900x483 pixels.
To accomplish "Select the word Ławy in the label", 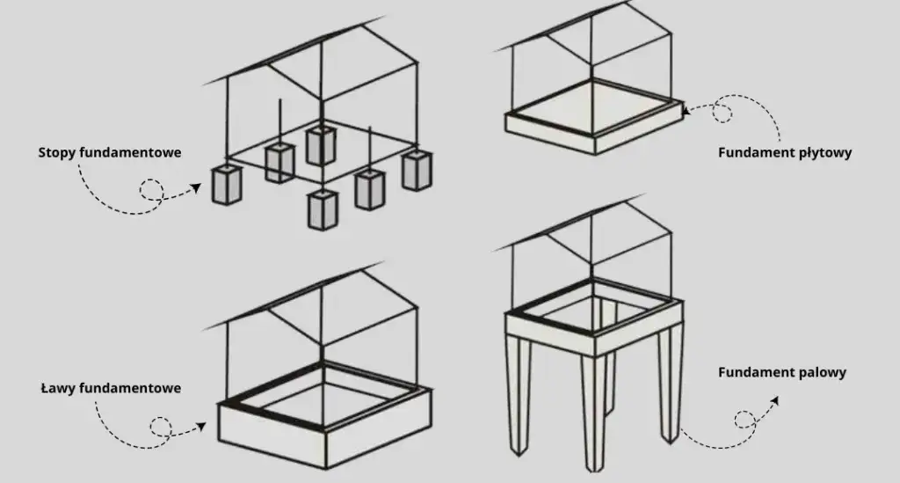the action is [x=59, y=388].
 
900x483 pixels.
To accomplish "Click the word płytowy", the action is [x=824, y=153].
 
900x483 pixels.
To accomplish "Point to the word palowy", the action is [x=823, y=373].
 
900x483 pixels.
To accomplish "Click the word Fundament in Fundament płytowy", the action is [x=756, y=152].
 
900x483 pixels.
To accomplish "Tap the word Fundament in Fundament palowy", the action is [x=756, y=372].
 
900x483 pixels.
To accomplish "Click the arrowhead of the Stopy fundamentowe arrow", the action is [x=196, y=187].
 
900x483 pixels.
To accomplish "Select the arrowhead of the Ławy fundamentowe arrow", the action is [x=201, y=427].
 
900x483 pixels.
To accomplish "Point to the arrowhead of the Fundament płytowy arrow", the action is [x=686, y=109].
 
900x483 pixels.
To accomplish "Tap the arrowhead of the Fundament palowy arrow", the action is [x=774, y=400].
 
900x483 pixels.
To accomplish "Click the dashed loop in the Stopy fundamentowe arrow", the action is [x=151, y=190].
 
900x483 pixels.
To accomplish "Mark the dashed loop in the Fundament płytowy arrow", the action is [x=722, y=113].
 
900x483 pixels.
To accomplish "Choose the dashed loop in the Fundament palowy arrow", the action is [x=745, y=420].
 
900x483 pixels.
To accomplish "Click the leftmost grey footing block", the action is [x=227, y=185].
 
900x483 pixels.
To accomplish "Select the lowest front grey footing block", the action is [x=323, y=209].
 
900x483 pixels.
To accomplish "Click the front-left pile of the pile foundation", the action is [x=519, y=396].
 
